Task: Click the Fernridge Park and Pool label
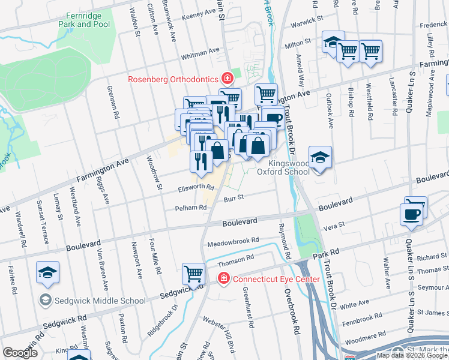[x=84, y=19]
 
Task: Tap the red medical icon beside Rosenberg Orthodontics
[x=227, y=79]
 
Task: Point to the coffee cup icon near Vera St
[x=412, y=214]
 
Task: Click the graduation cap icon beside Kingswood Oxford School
[x=321, y=158]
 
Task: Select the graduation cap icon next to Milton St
[x=331, y=42]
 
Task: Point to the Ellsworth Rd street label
[x=196, y=187]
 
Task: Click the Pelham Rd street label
[x=190, y=208]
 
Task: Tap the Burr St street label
[x=234, y=197]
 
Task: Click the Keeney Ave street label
[x=198, y=13]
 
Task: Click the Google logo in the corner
[x=20, y=353]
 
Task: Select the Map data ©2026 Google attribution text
[x=411, y=355]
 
